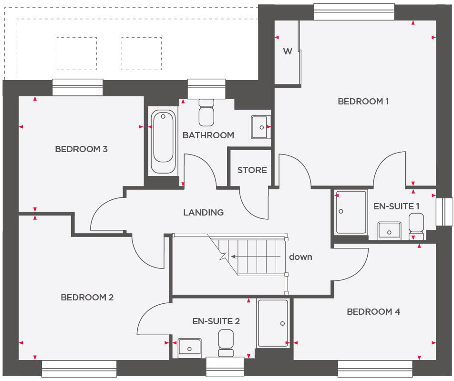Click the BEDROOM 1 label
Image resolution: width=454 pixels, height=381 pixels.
tap(363, 101)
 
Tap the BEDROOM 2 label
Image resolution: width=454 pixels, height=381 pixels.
tap(87, 298)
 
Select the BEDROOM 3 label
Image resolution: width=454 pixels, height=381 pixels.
tap(81, 149)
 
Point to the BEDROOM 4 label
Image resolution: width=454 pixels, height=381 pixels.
tap(373, 312)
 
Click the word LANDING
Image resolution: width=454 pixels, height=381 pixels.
tap(204, 213)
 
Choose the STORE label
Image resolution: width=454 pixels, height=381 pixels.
tap(252, 170)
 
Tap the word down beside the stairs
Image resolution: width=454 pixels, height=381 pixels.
tap(300, 257)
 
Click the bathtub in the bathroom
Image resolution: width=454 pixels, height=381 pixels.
tap(163, 142)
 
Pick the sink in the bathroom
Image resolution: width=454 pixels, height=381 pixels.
tap(260, 127)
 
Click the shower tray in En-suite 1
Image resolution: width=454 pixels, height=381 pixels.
tap(351, 212)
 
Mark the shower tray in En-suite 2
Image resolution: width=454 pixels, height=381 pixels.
tap(273, 323)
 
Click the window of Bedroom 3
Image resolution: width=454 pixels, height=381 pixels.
tap(78, 87)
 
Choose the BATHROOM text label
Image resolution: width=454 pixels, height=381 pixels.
tap(208, 135)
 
